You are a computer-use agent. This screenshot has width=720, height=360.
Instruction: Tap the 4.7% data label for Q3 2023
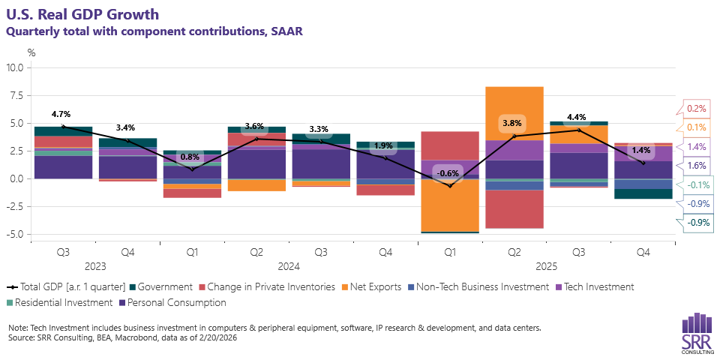point(61,114)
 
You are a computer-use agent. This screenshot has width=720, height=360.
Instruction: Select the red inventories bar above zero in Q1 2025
point(450,145)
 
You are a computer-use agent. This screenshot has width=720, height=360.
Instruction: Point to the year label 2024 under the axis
point(288,266)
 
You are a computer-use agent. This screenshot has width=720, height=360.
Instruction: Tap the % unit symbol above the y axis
point(31,52)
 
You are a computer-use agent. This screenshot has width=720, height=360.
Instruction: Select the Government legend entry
point(160,286)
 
